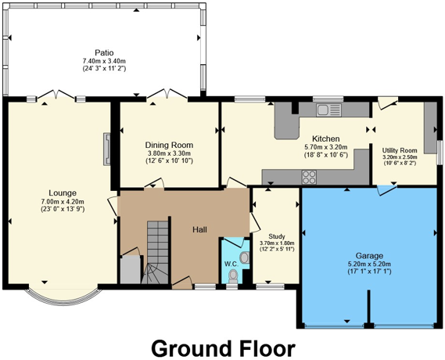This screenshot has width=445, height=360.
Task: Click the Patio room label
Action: tap(105, 52)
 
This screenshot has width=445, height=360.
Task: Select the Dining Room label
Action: tap(169, 145)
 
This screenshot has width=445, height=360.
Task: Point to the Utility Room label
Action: tap(399, 149)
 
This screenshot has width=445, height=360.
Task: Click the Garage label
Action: tap(369, 255)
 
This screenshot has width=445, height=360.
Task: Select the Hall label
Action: tap(200, 229)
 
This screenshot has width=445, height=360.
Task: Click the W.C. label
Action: tap(231, 264)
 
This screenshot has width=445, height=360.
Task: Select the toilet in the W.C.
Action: tap(233, 275)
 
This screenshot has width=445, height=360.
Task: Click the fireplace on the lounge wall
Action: tap(106, 149)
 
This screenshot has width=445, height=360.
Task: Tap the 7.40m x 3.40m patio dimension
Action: tap(105, 61)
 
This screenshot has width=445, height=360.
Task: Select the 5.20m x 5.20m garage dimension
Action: tap(369, 265)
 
